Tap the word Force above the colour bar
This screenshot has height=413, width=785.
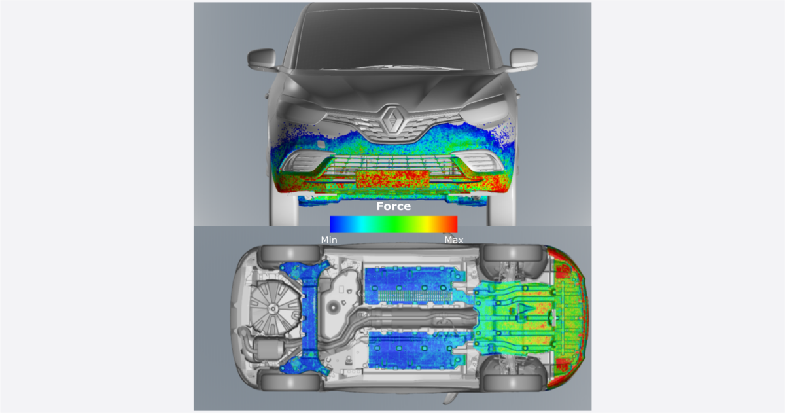pyautogui.click(x=393, y=206)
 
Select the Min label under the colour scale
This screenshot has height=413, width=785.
pyautogui.click(x=329, y=240)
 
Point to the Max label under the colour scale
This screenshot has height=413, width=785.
pyautogui.click(x=453, y=240)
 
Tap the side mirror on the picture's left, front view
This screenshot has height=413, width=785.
pyautogui.click(x=262, y=59)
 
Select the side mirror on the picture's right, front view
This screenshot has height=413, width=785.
pyautogui.click(x=523, y=59)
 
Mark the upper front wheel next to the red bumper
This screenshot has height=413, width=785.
pyautogui.click(x=514, y=253)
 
